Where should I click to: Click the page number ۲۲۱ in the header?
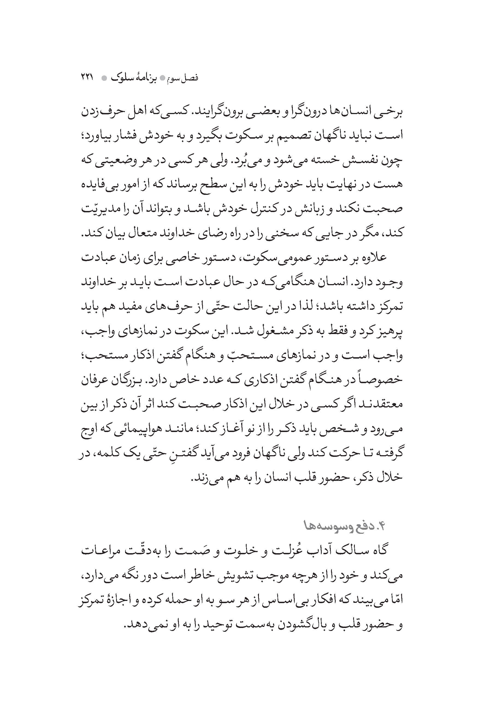(88, 78)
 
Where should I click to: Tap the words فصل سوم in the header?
(183, 78)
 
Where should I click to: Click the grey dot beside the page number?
(104, 78)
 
